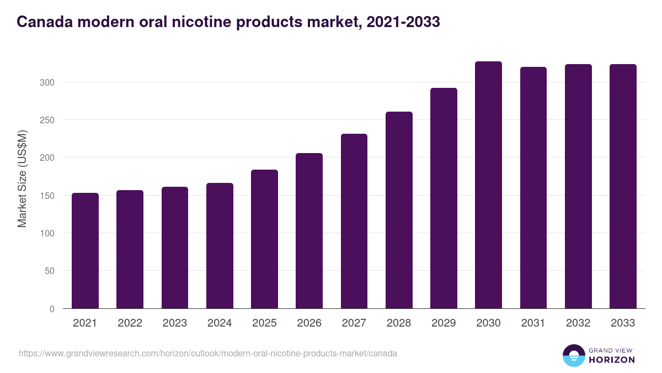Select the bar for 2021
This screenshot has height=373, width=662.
85,251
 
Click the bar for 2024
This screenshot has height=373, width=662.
220,246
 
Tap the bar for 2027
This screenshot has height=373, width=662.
354,221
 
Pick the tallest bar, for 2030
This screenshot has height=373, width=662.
488,185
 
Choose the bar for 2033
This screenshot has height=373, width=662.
623,186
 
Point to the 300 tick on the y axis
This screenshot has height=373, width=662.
47,82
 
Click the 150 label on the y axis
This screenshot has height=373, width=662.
47,196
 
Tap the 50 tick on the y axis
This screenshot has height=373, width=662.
50,271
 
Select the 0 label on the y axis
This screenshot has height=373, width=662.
52,309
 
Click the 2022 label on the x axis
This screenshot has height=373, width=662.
130,323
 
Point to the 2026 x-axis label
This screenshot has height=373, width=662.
309,323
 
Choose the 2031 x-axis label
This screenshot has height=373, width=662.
533,323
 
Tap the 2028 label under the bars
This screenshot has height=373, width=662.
399,323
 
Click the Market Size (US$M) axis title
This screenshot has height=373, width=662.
23,179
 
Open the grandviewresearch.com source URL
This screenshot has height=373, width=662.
207,353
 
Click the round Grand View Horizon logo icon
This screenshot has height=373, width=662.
574,356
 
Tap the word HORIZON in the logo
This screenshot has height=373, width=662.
612,360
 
